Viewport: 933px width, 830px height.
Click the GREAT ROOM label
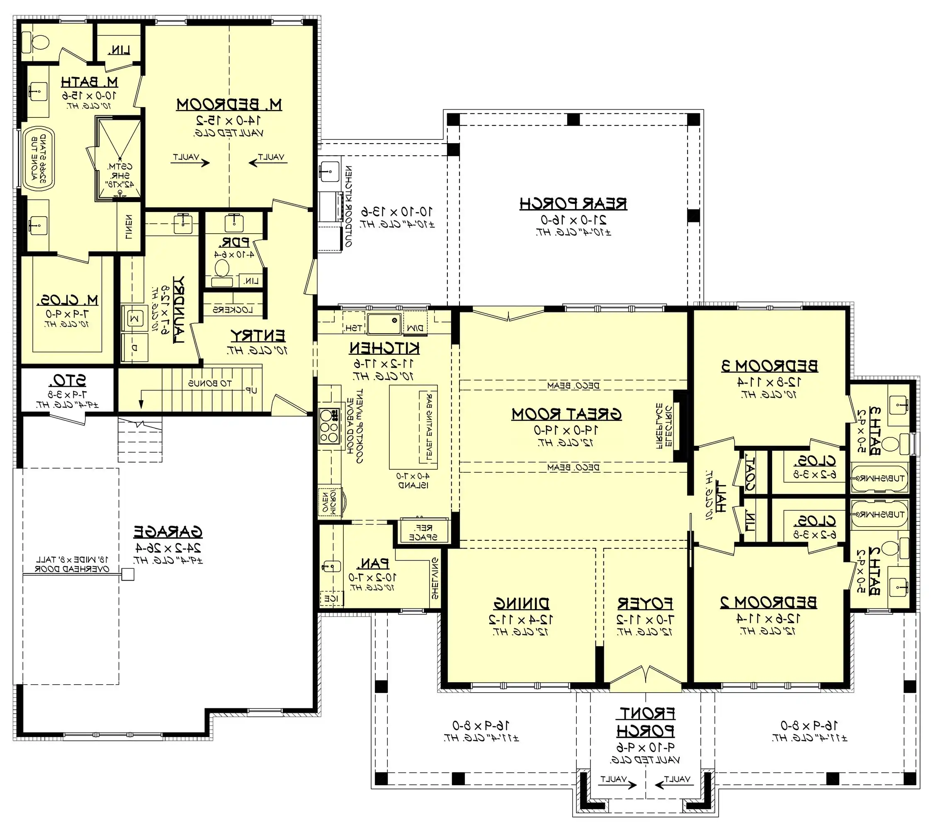(566, 414)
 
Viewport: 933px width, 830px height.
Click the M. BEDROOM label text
(229, 105)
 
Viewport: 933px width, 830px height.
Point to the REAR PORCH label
(573, 204)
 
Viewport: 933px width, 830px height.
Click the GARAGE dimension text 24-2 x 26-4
(168, 548)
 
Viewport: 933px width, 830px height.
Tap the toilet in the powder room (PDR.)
(222, 268)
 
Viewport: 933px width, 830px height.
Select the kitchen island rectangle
(413, 427)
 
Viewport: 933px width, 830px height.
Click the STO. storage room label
(69, 381)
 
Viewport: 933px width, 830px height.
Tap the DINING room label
(521, 604)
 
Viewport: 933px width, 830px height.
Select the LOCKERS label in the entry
(233, 310)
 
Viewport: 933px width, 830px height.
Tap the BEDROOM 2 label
(769, 603)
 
